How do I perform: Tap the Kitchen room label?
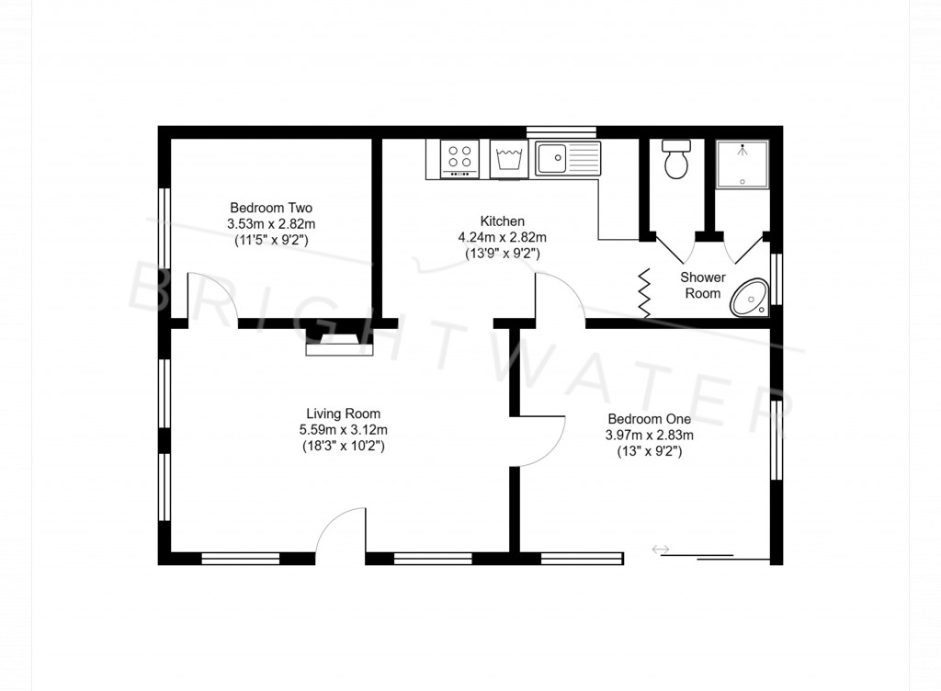[502, 221]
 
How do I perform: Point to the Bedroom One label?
[649, 419]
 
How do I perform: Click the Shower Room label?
[703, 285]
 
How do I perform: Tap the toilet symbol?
[676, 159]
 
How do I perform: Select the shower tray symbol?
[742, 163]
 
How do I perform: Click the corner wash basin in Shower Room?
[753, 298]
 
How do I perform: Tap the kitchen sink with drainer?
[568, 158]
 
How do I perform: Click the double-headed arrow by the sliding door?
[661, 549]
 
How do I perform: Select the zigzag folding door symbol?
[644, 293]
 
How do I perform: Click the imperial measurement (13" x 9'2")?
[649, 451]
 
